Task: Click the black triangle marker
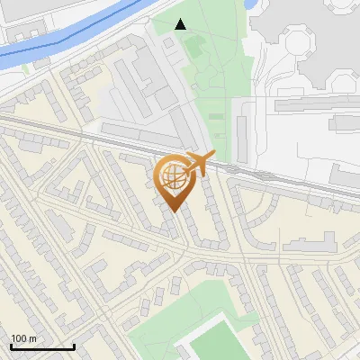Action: point(181,24)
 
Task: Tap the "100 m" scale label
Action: point(23,338)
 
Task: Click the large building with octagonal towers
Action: point(306,45)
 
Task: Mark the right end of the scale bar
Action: point(74,346)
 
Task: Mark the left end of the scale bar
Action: point(11,346)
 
